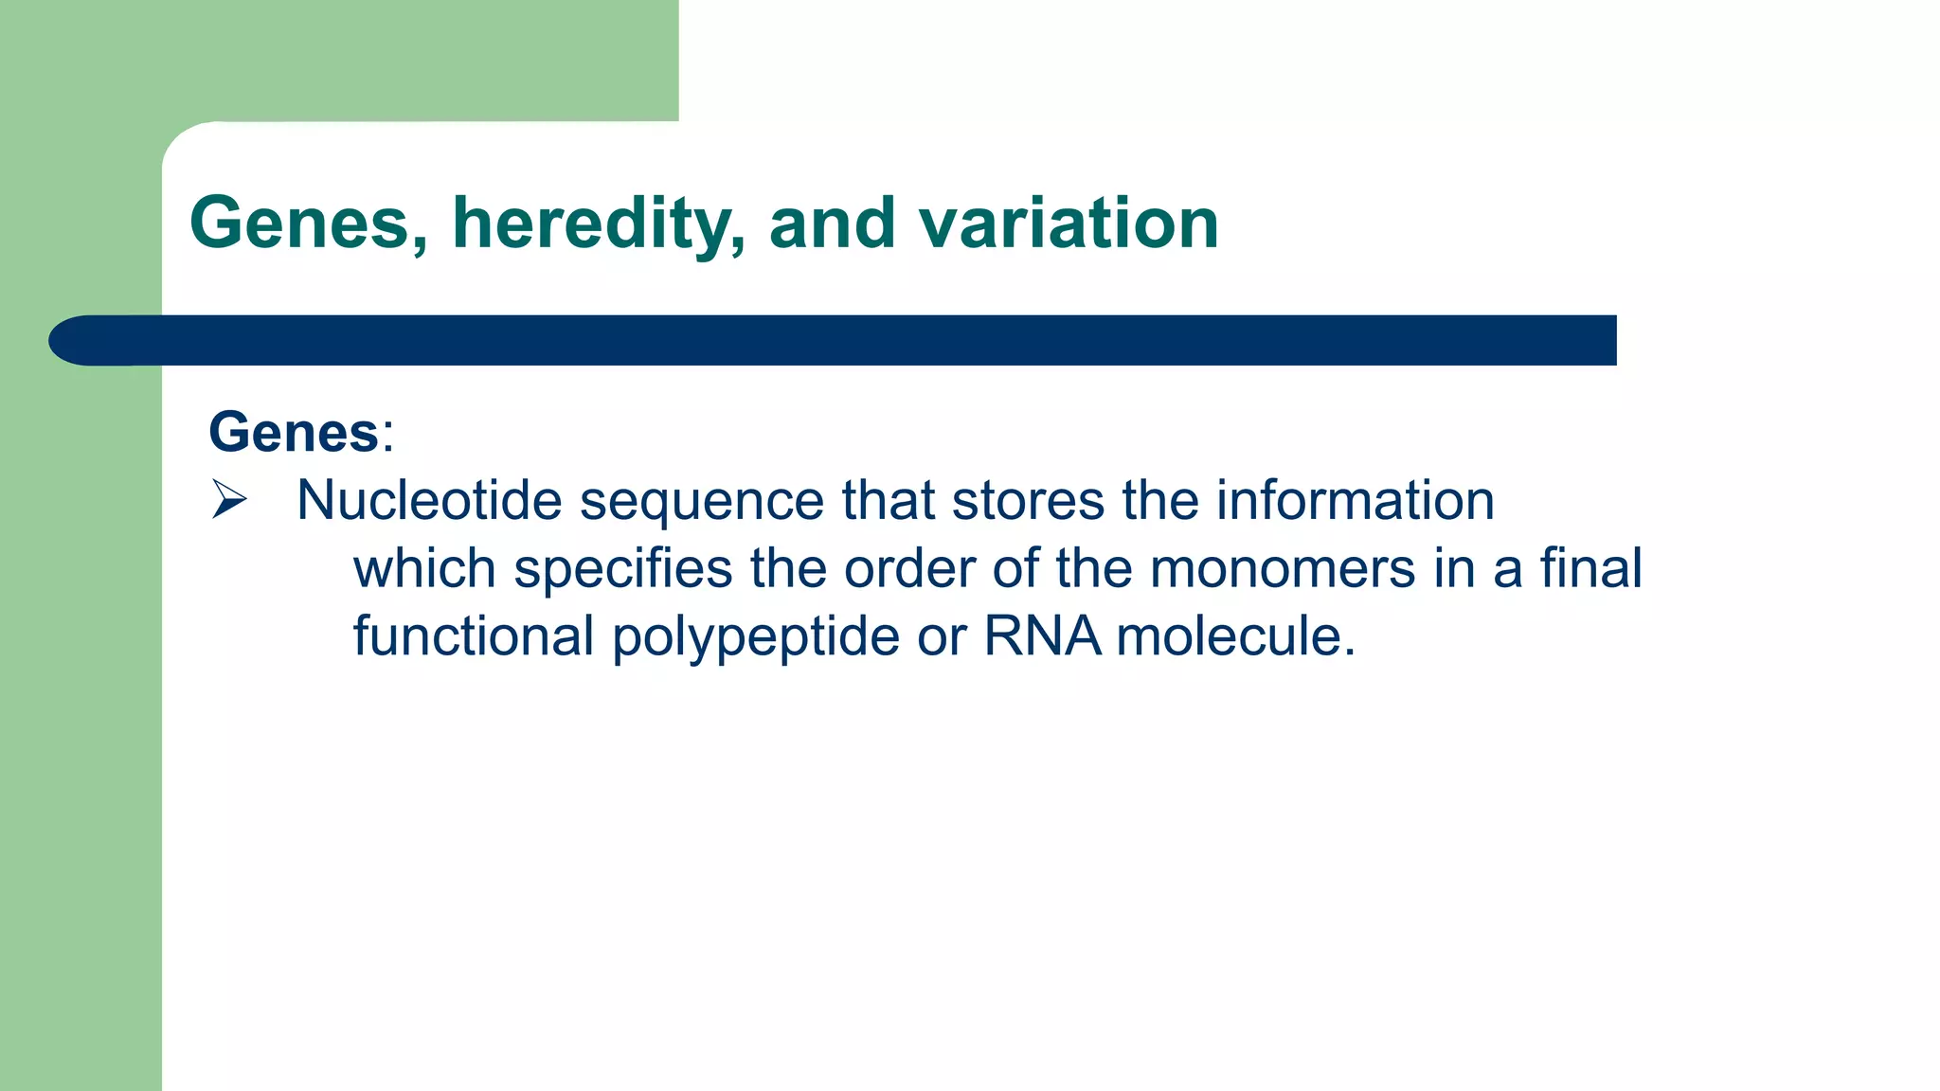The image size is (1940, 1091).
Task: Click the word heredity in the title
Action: pyautogui.click(x=598, y=224)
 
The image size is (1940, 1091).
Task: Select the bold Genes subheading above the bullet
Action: pyautogui.click(x=294, y=433)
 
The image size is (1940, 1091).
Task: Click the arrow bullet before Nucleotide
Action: pyautogui.click(x=229, y=499)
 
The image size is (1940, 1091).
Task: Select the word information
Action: pyautogui.click(x=1355, y=500)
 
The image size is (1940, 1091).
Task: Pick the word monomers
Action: pyautogui.click(x=1283, y=569)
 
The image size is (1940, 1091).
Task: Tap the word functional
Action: pyautogui.click(x=473, y=635)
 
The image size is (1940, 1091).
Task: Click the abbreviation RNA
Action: pyautogui.click(x=1042, y=635)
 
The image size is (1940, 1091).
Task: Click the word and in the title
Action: pyautogui.click(x=832, y=224)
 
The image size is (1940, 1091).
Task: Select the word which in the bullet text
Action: pyautogui.click(x=424, y=569)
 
